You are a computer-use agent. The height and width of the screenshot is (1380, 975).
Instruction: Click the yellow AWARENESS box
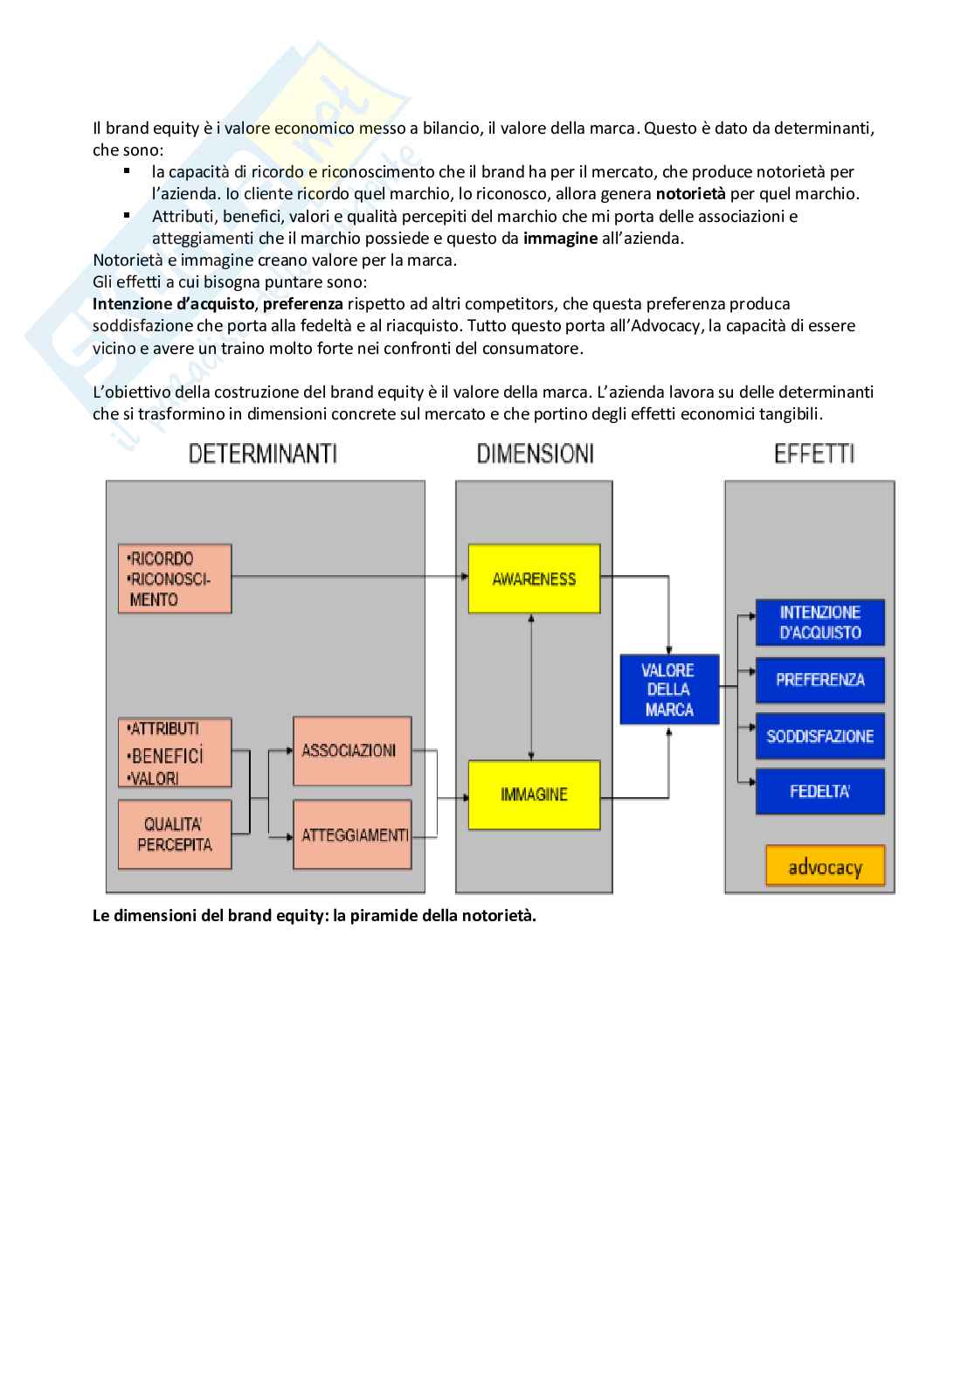534,579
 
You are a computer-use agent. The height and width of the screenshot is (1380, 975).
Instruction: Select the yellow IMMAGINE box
534,794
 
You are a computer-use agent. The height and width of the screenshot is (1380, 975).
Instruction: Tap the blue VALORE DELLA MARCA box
669,690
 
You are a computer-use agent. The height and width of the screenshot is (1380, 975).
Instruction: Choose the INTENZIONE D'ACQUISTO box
819,622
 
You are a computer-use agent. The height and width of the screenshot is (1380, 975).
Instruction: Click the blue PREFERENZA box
819,680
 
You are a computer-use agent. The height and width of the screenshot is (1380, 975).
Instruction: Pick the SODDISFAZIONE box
819,736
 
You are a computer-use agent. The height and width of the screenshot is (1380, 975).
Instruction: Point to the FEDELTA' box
819,792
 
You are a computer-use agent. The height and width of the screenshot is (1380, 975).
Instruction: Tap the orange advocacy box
825,867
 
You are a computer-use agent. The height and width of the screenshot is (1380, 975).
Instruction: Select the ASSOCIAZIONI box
351,751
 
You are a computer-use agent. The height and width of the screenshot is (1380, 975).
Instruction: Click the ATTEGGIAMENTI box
353,835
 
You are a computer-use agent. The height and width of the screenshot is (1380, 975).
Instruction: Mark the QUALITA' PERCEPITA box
175,834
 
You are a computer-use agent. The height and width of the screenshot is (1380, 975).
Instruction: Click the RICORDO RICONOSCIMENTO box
175,579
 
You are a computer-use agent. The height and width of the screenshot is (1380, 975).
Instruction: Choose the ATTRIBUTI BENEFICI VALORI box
175,753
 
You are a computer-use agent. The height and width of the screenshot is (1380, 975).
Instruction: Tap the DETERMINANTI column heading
263,454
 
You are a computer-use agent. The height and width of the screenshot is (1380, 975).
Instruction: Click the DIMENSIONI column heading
535,454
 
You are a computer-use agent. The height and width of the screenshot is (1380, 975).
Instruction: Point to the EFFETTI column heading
814,454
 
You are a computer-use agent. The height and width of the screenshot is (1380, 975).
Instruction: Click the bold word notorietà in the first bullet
690,194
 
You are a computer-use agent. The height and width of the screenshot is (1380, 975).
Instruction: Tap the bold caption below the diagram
314,916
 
